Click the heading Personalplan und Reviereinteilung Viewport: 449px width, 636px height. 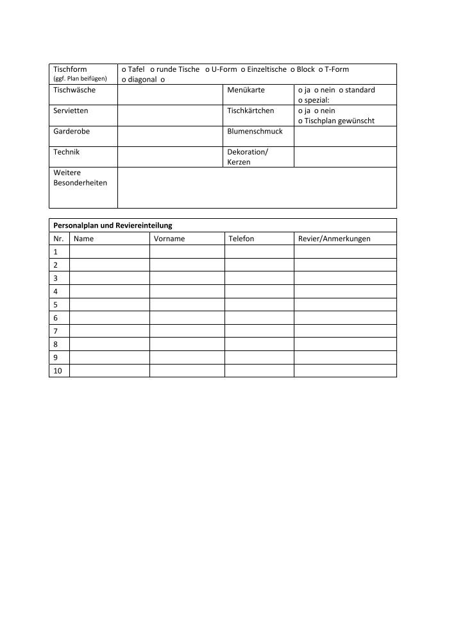pos(112,225)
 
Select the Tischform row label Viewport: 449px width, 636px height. pos(70,69)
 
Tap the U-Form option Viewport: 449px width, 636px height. pos(221,69)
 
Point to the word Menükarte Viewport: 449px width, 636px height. pos(246,90)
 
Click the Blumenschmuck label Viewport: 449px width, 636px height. pos(255,131)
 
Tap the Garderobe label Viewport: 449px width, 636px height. pos(71,131)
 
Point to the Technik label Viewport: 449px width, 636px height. pos(67,152)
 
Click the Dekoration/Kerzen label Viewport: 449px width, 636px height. pos(248,157)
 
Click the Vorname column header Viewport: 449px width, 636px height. pos(169,239)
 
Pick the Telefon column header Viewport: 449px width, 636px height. pos(241,239)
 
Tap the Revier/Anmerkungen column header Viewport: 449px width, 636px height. pos(334,239)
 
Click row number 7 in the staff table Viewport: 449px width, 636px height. pos(56,331)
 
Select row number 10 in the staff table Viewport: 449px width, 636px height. pos(58,371)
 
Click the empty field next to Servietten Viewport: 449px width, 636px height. pos(169,116)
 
